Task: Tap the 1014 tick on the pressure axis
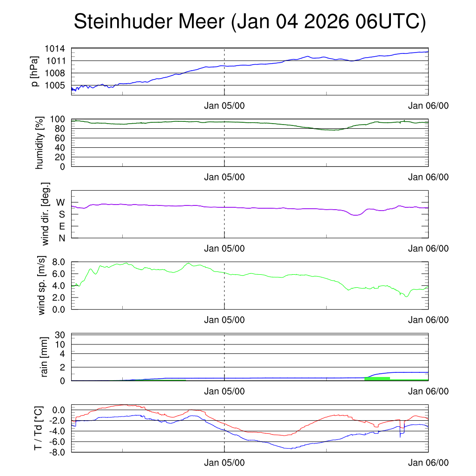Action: (x=55, y=49)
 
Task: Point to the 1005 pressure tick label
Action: (x=55, y=85)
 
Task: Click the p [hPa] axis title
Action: (x=34, y=71)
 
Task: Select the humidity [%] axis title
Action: (x=39, y=143)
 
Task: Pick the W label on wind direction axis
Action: (x=60, y=203)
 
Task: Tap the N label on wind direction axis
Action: (x=61, y=238)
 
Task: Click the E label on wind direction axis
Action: (x=61, y=226)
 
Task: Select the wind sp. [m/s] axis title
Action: (x=42, y=285)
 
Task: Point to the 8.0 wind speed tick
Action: (x=58, y=262)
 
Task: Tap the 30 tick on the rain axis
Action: (x=61, y=335)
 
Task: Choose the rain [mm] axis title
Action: (x=45, y=357)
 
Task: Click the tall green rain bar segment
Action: (x=377, y=379)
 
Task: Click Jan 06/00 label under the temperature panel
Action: (x=428, y=463)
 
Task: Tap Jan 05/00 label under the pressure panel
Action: (x=225, y=106)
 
